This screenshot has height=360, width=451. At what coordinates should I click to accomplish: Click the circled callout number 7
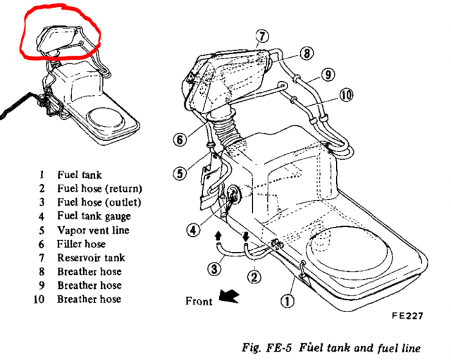click(261, 36)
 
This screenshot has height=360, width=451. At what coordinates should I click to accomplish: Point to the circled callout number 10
click(346, 94)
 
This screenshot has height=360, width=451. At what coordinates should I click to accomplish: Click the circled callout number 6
click(180, 140)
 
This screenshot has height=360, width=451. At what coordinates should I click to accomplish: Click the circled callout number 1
click(287, 302)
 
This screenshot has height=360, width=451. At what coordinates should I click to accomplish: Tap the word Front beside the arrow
click(199, 301)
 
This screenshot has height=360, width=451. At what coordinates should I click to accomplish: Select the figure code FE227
click(408, 316)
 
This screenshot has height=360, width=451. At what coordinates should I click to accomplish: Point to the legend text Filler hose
click(81, 244)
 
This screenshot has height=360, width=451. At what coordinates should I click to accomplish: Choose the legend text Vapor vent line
click(94, 230)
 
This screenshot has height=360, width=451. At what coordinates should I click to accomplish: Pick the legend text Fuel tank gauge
click(94, 216)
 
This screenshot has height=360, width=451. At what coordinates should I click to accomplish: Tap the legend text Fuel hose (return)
click(99, 188)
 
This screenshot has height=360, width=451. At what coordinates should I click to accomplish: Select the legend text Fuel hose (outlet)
click(99, 202)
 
